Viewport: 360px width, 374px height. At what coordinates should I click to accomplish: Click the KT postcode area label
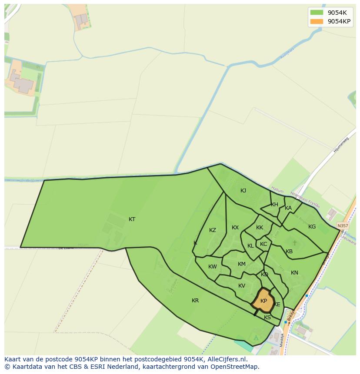tap(132, 219)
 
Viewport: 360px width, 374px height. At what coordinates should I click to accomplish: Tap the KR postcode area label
tap(195, 301)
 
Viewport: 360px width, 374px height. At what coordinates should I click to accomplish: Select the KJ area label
tap(243, 191)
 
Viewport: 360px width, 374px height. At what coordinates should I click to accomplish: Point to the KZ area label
tap(213, 230)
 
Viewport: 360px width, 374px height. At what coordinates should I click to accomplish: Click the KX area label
tap(235, 228)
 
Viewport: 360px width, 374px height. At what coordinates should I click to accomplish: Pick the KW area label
tap(213, 267)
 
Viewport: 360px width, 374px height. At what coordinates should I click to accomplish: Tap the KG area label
tap(312, 227)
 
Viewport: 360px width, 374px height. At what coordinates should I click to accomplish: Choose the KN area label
tap(294, 273)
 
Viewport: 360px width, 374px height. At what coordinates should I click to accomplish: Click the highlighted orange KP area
tap(263, 301)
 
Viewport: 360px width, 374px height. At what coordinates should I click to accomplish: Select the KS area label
tap(267, 318)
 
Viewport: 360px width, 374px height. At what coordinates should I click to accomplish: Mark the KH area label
tap(274, 205)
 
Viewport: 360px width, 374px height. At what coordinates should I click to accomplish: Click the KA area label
tap(288, 208)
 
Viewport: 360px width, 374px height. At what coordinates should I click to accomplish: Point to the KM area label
tap(242, 264)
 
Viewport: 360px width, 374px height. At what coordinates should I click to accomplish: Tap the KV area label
tap(242, 286)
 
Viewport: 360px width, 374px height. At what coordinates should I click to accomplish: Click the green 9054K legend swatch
tap(317, 13)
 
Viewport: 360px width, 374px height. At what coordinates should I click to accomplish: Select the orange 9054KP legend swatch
tap(317, 21)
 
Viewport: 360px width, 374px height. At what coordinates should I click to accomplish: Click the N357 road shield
tap(343, 226)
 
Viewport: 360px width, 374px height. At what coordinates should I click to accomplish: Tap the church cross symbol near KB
tap(294, 243)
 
